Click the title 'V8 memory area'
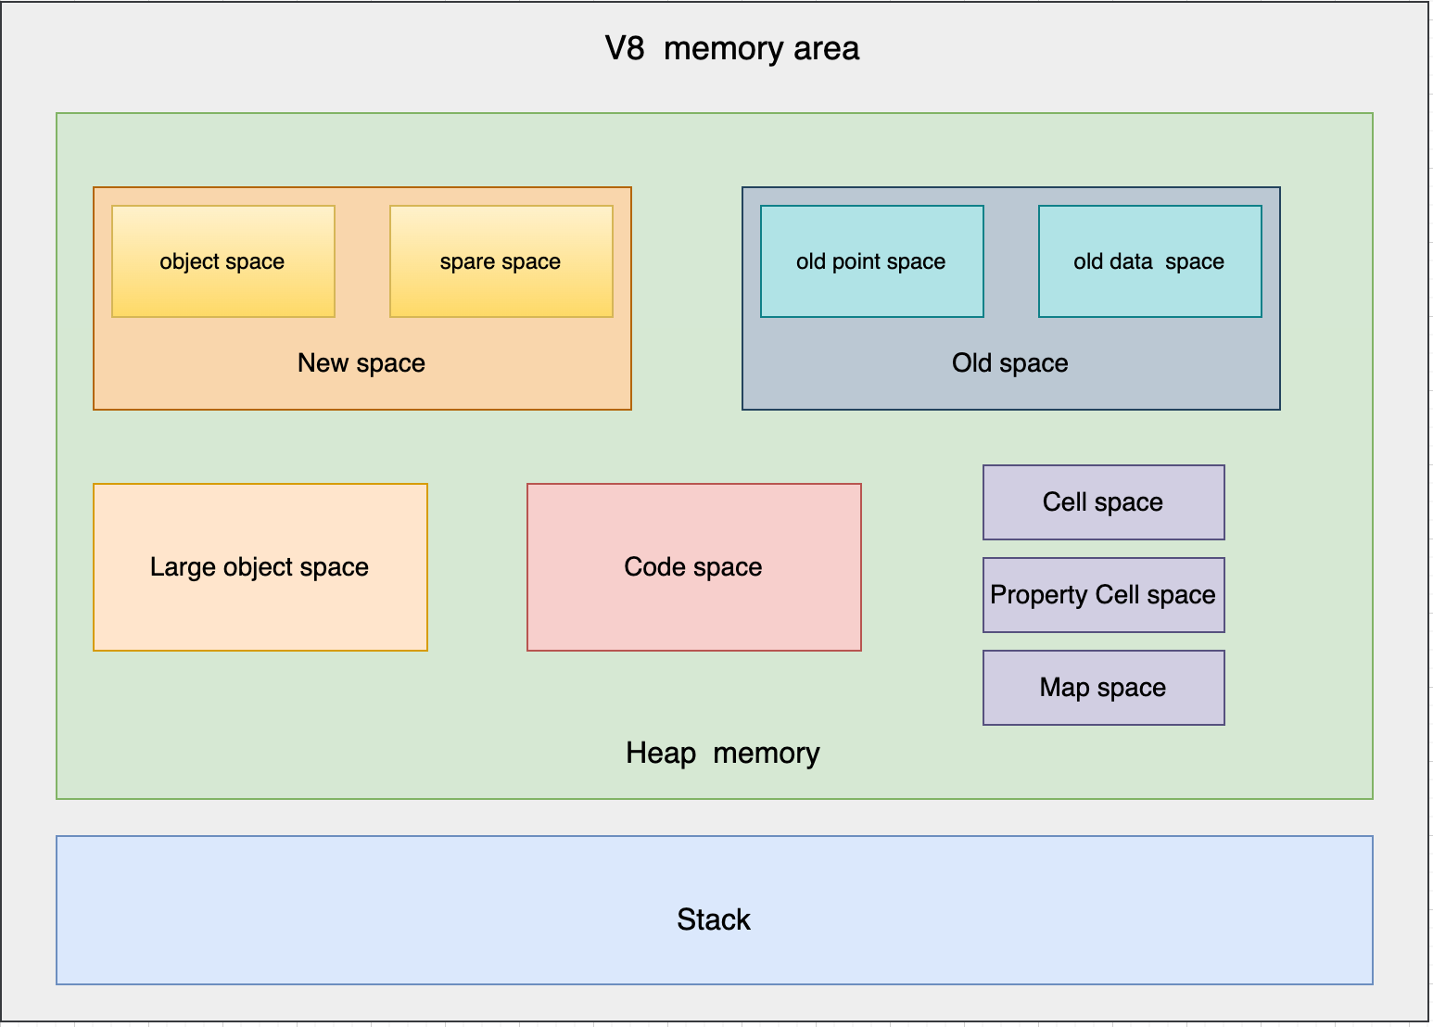[732, 48]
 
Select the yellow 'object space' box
[223, 261]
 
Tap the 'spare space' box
[501, 261]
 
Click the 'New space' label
[361, 362]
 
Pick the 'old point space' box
[872, 261]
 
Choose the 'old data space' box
[1149, 261]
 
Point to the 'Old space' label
[1010, 362]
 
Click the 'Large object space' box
[260, 567]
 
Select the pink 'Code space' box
[694, 567]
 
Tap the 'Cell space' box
[1104, 502]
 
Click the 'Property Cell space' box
[1104, 595]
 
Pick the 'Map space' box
[1104, 688]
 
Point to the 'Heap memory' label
[723, 754]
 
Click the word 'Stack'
[714, 919]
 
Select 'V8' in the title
[625, 48]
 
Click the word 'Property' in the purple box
[1039, 596]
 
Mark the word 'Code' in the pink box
[654, 567]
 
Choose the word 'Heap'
[661, 754]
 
